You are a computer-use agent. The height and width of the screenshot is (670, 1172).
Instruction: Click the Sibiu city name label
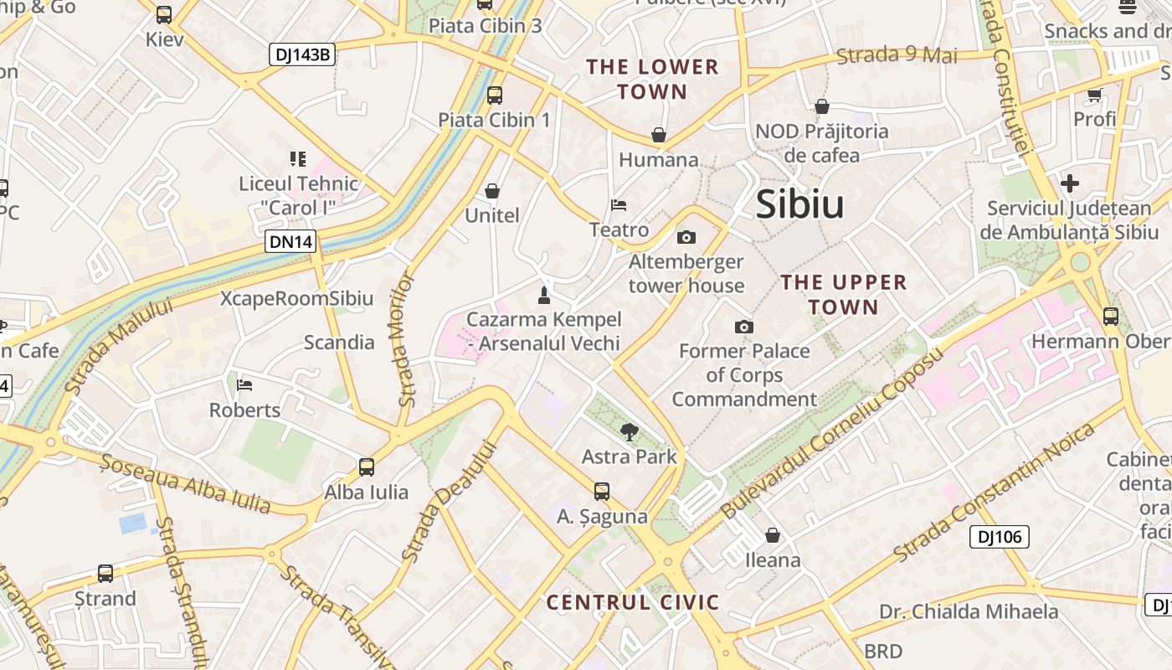click(799, 205)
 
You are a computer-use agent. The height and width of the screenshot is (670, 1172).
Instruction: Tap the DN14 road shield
click(291, 242)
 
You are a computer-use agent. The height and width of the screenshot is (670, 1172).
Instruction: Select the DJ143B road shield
click(302, 55)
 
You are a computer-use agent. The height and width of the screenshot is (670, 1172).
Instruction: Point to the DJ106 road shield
click(999, 537)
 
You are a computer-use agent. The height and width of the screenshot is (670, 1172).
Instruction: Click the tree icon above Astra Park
click(629, 432)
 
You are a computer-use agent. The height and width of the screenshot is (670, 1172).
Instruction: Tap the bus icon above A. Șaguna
click(601, 492)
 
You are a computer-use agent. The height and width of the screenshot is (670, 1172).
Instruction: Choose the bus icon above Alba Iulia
click(366, 467)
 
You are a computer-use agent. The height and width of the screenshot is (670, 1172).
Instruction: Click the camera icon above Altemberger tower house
click(686, 238)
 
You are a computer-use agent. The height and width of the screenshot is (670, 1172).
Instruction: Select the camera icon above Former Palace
click(743, 327)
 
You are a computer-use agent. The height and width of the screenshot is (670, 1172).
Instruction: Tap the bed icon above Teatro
click(619, 205)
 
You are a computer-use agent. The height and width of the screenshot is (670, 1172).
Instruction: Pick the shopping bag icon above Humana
click(659, 135)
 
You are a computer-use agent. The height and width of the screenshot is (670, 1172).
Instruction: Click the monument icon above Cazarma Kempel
click(544, 295)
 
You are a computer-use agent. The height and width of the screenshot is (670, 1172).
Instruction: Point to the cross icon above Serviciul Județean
click(1069, 183)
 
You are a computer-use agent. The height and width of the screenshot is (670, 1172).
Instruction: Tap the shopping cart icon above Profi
click(1094, 95)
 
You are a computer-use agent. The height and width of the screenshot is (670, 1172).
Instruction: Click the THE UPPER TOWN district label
click(844, 294)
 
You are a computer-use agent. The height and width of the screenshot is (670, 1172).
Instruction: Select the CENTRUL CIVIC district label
click(633, 602)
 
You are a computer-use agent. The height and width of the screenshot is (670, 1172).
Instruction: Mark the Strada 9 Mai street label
click(897, 56)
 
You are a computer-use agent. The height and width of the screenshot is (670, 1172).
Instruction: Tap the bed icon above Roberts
click(244, 385)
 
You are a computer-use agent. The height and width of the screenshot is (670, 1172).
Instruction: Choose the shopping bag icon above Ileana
click(773, 534)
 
